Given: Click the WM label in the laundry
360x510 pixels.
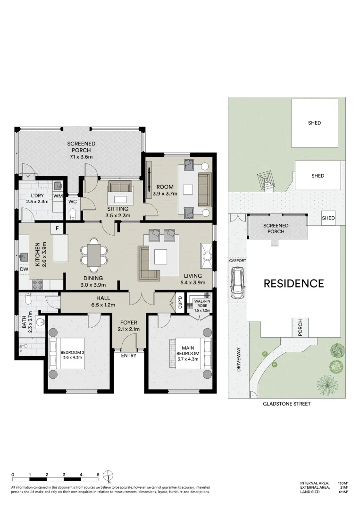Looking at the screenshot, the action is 58,196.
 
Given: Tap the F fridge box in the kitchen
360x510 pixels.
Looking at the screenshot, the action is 57,229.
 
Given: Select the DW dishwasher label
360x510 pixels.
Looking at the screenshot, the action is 24,269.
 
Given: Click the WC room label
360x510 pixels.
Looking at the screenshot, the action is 73,202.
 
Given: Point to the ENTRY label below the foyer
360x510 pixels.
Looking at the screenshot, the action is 129,356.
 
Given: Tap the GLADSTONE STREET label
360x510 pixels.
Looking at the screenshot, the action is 286,404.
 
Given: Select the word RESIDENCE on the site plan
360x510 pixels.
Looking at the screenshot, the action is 294,284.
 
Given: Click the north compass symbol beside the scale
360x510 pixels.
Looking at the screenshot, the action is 108,476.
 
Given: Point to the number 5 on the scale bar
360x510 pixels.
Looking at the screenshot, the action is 98,475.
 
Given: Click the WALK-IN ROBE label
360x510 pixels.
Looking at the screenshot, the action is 202,304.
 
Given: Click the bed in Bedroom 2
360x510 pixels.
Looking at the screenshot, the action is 67,353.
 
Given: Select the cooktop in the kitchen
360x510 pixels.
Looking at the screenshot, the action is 37,285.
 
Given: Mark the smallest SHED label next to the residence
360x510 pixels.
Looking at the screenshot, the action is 328,218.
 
